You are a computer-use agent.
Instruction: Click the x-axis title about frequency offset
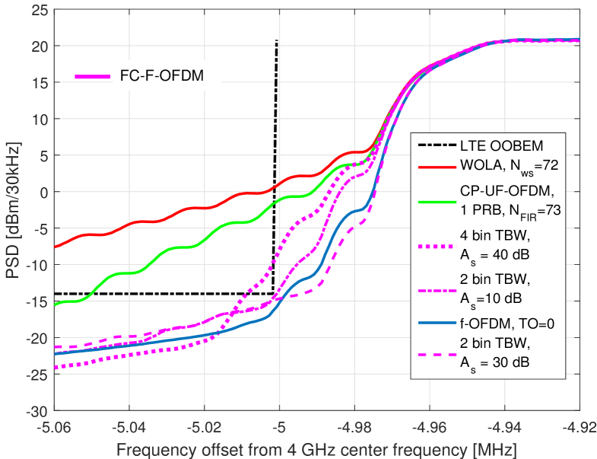click(x=318, y=450)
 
